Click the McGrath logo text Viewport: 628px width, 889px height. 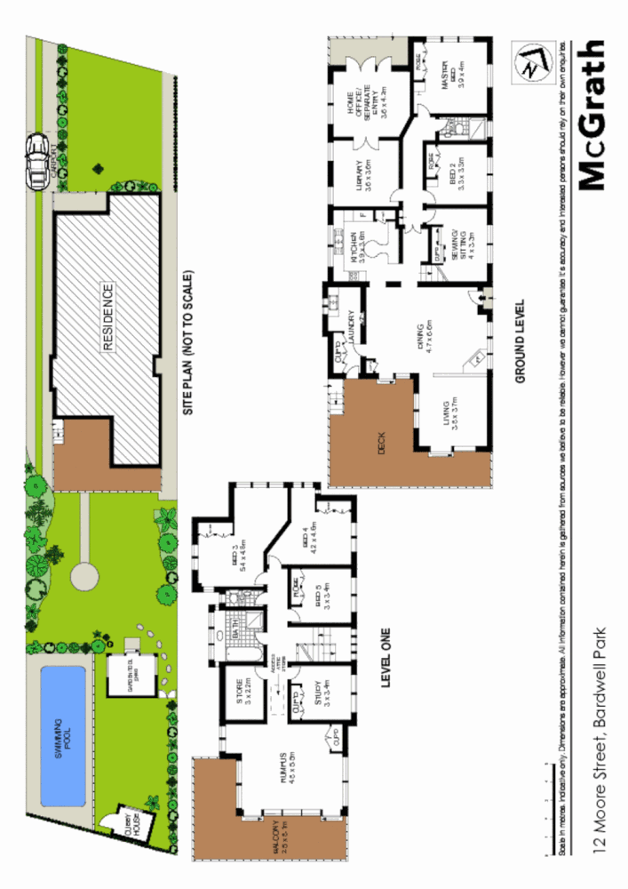[x=592, y=116]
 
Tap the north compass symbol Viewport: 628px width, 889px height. [x=530, y=64]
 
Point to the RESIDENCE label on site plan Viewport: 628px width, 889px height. [x=107, y=318]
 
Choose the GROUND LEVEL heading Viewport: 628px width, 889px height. [x=521, y=340]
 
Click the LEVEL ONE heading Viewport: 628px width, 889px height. [x=386, y=656]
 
